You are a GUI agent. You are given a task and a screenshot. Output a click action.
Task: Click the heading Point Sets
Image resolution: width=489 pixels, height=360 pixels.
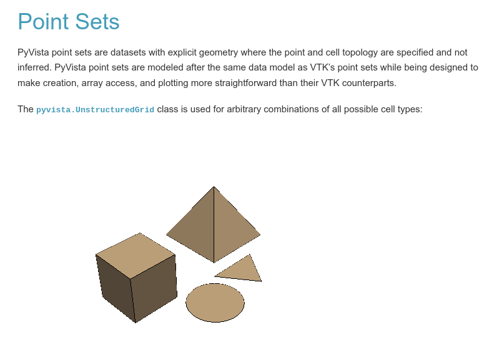click(69, 21)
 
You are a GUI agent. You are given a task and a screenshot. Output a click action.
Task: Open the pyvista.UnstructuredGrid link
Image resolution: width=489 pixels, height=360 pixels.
click(95, 110)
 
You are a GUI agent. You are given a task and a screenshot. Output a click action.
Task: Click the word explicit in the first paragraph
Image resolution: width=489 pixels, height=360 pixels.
click(182, 52)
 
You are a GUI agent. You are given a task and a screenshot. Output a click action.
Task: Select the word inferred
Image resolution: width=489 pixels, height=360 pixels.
click(34, 67)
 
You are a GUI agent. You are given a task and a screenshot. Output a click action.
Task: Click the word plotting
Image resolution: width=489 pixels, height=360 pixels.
click(173, 83)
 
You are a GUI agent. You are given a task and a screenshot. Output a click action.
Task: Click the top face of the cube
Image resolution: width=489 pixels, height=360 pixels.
click(136, 255)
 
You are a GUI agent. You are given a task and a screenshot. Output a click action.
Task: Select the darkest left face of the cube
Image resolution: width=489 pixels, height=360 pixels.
click(116, 288)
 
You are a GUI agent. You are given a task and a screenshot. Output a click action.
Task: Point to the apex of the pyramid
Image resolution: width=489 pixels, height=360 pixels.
click(214, 187)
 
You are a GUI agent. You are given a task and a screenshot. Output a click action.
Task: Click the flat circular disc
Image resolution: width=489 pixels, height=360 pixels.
click(215, 303)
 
